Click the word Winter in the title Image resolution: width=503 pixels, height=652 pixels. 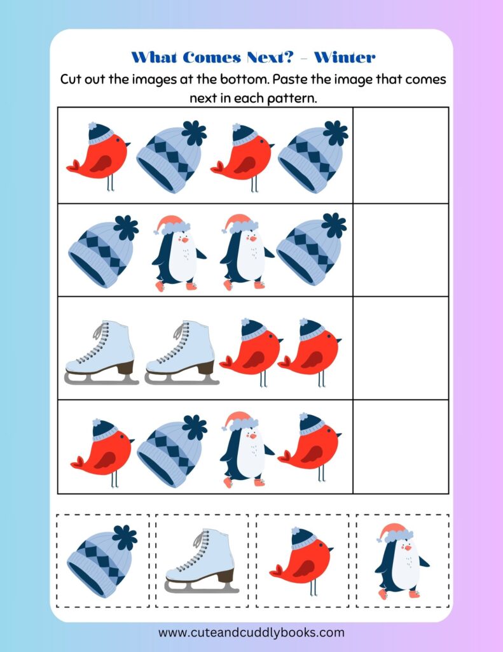345,57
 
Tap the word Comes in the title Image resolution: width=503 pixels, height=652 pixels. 211,57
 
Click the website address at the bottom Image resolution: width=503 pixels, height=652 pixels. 251,632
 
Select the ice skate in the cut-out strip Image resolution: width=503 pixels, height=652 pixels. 202,561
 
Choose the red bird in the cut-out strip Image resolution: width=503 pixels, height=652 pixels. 301,561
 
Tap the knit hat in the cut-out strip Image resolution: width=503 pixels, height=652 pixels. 102,561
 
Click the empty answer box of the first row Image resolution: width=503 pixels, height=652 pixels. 401,155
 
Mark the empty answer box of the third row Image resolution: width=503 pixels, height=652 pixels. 401,348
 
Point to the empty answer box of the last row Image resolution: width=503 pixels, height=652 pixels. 401,446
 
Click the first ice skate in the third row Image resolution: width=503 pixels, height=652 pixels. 101,353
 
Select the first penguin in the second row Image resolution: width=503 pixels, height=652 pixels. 179,253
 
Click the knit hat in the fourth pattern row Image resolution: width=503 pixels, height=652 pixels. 172,451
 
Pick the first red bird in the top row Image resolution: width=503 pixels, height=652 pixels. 99,157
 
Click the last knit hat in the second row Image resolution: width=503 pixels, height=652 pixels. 312,249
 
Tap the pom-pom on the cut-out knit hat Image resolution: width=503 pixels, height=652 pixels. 125,537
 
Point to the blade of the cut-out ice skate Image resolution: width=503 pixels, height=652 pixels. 202,586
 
